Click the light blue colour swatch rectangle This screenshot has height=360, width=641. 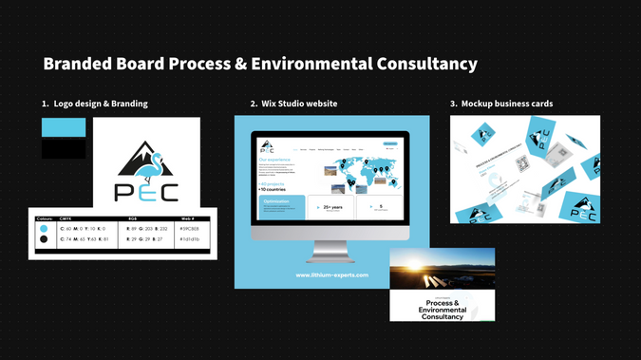[x=63, y=128]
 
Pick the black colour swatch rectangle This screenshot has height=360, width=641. [x=63, y=149]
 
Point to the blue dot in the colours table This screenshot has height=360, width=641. [x=44, y=229]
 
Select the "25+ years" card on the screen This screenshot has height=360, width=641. [x=330, y=208]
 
